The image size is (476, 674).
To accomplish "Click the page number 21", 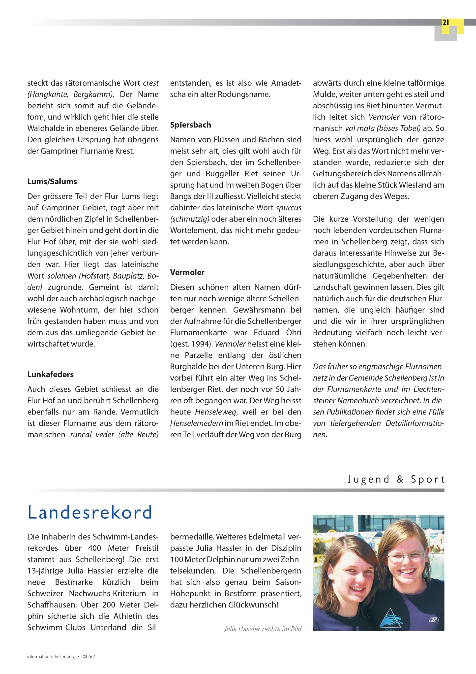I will [x=446, y=23].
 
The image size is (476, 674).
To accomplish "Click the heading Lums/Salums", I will [x=52, y=181].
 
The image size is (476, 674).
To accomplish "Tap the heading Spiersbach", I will [x=190, y=125].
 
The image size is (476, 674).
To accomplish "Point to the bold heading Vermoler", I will [x=187, y=272].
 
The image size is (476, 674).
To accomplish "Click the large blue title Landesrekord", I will [x=90, y=512].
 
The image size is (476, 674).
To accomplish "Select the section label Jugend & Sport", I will [x=396, y=479].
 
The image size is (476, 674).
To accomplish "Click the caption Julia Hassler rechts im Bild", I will [x=263, y=629].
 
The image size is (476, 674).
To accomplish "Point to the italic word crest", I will [x=151, y=83].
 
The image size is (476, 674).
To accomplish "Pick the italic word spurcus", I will [x=289, y=208].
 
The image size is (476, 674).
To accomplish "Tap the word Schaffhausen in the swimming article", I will [x=50, y=605].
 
